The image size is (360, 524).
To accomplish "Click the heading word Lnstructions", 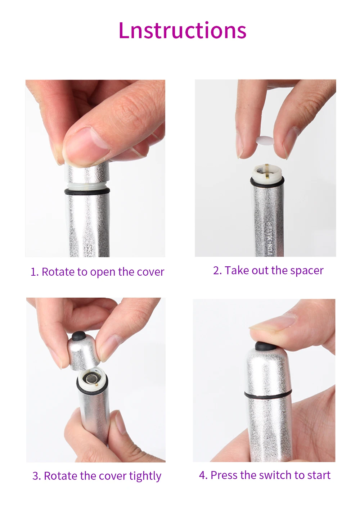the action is coord(183,30).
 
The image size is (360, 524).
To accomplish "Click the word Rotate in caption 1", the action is coord(58,272).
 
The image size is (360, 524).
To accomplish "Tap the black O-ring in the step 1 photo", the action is coord(87,191).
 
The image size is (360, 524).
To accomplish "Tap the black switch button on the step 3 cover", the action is coord(78,336).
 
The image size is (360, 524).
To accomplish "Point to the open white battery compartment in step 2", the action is coord(267,174).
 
